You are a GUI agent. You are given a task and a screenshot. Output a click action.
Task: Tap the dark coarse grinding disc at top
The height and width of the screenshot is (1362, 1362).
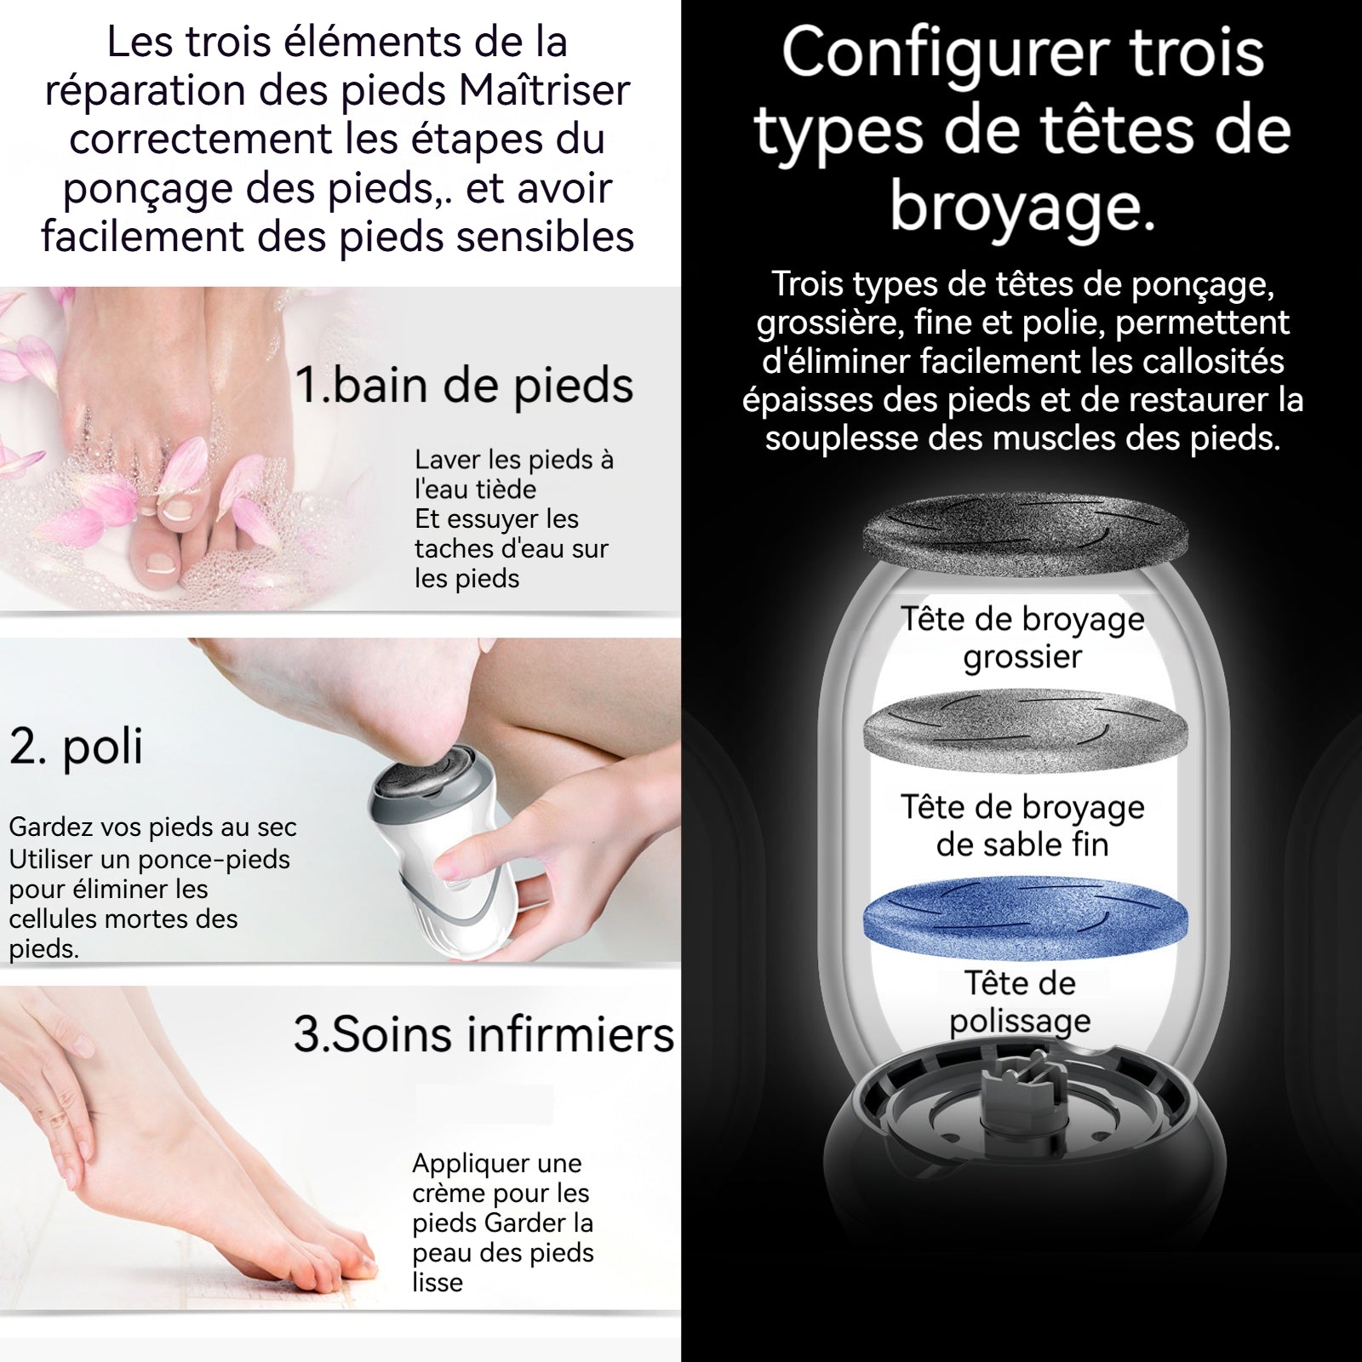click(x=1026, y=535)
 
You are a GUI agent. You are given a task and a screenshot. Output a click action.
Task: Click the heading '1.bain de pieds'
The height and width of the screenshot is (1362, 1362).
click(x=464, y=386)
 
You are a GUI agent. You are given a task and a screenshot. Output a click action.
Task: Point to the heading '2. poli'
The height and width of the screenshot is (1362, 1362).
click(x=76, y=747)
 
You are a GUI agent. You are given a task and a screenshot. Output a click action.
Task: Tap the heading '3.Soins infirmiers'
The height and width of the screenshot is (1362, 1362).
click(x=484, y=1034)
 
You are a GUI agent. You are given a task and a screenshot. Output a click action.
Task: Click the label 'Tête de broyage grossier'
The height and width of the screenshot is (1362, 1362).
click(x=1022, y=638)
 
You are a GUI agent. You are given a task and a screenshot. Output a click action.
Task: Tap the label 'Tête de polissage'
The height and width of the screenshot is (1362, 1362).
click(x=1020, y=1002)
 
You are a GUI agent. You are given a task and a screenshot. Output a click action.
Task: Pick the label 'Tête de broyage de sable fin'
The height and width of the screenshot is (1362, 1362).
click(x=1022, y=826)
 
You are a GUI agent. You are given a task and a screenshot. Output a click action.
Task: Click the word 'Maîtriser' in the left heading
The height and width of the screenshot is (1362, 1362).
click(x=544, y=90)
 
